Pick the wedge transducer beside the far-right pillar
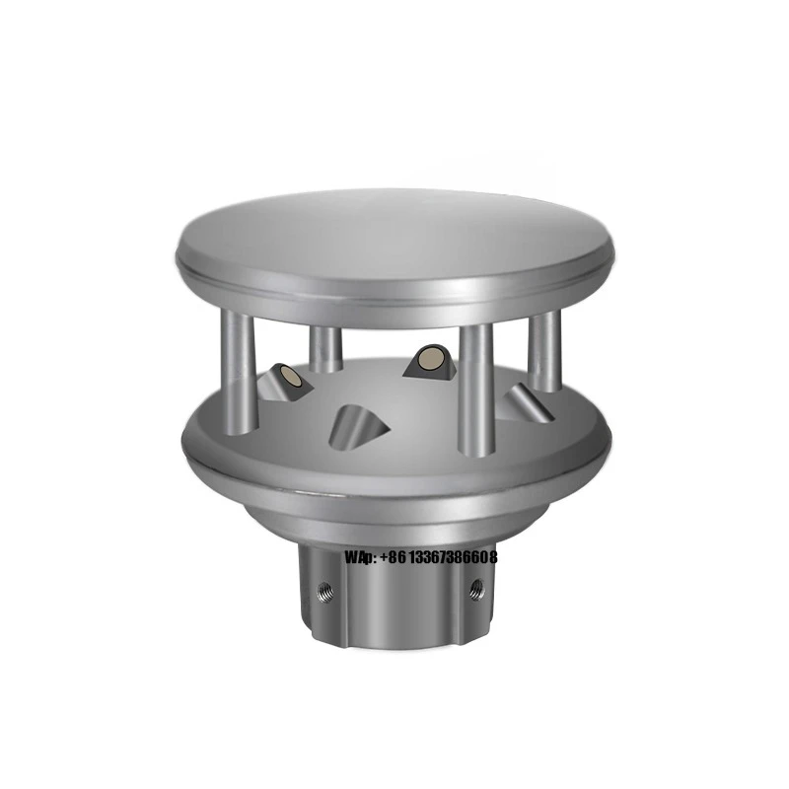[x=520, y=402]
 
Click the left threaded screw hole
[x=325, y=592]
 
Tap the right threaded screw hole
[x=477, y=589]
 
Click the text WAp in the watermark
[x=357, y=558]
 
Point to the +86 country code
[x=393, y=558]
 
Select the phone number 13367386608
[x=454, y=558]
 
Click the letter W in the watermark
[x=350, y=558]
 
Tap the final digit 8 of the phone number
[x=493, y=558]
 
